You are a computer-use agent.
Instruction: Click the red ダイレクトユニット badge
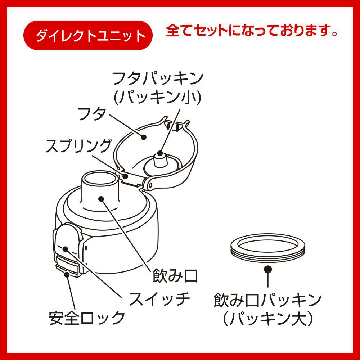(x=88, y=35)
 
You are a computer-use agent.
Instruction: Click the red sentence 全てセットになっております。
(x=252, y=31)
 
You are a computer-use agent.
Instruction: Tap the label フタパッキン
(x=158, y=78)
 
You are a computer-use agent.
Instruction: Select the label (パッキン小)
(x=158, y=97)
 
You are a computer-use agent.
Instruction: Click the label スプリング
(x=78, y=146)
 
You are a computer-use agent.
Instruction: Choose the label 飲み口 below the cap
(x=175, y=275)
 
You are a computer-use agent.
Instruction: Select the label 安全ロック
(x=87, y=318)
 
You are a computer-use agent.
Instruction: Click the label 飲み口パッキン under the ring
(x=267, y=300)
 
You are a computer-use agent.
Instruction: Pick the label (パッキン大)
(x=267, y=318)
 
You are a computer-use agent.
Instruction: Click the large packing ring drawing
(x=268, y=258)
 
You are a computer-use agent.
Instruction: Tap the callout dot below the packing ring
(x=268, y=269)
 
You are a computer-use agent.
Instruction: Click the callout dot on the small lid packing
(x=160, y=153)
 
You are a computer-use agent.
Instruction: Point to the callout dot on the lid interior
(x=144, y=137)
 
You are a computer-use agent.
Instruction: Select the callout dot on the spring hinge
(x=125, y=176)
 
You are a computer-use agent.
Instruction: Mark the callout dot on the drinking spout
(x=101, y=198)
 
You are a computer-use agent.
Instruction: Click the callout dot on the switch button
(x=66, y=249)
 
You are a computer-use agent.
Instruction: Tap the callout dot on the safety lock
(x=67, y=274)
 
